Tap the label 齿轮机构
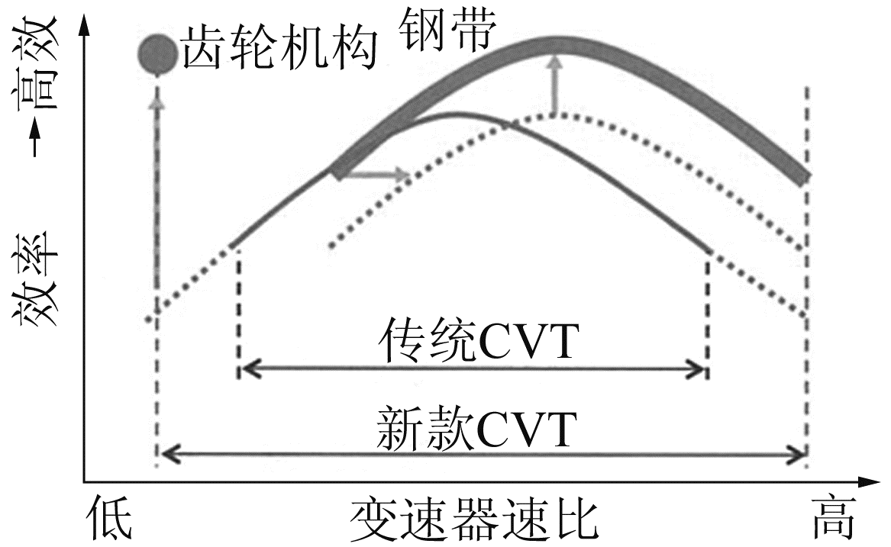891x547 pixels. pyautogui.click(x=279, y=51)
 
